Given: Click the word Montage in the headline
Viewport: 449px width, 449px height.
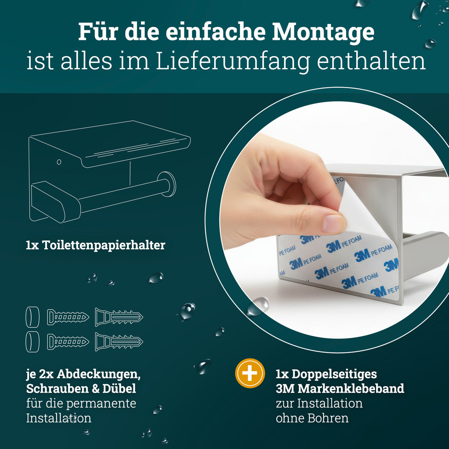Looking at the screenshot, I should tap(323, 33).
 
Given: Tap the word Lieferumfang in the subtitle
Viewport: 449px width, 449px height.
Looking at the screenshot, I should tap(233, 61).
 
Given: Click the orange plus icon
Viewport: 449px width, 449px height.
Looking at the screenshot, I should tap(250, 373).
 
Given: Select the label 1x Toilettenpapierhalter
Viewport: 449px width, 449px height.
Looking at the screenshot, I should tap(95, 245).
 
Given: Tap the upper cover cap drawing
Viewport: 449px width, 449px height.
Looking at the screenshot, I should tap(33, 317).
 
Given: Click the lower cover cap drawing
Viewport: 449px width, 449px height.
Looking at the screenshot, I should tap(33, 342).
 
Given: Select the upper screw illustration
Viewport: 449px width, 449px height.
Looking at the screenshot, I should tap(68, 317).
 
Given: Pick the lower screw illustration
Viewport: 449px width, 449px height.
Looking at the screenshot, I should tap(68, 342).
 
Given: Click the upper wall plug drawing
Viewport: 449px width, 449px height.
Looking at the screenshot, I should tap(119, 317).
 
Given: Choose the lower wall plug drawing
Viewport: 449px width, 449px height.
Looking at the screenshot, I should tap(119, 342).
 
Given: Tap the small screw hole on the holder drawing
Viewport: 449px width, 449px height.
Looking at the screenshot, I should tap(59, 162).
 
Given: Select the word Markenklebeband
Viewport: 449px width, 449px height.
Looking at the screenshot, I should tap(351, 389).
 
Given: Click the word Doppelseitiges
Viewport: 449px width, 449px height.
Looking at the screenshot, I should tap(334, 374).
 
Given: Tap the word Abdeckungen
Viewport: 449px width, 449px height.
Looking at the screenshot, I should tap(98, 374).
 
